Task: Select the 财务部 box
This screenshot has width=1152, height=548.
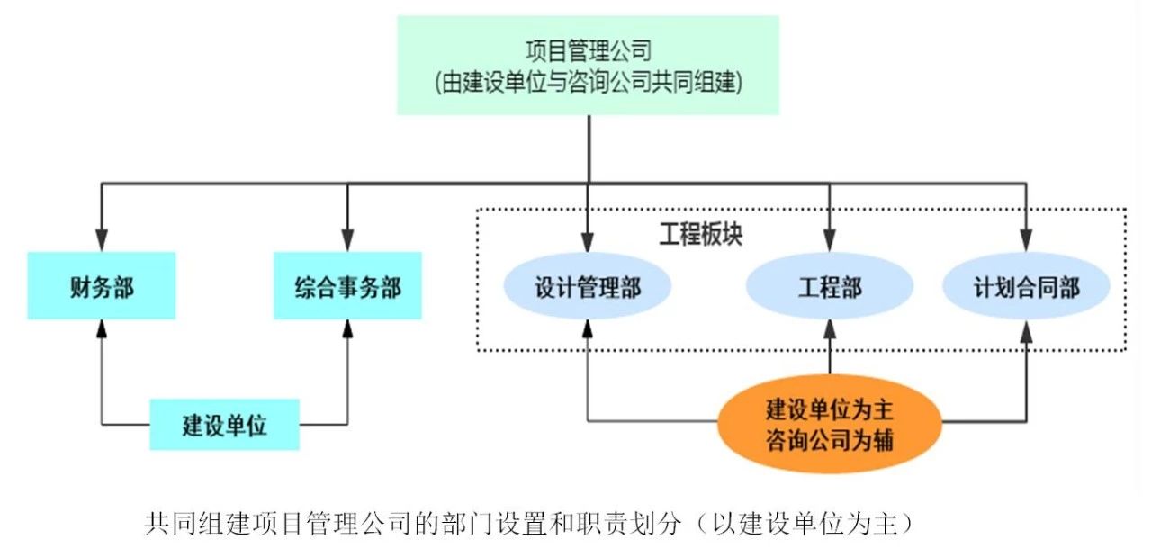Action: click(100, 286)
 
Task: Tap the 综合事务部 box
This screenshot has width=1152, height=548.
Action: click(347, 286)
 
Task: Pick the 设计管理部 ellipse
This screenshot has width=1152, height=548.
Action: click(588, 287)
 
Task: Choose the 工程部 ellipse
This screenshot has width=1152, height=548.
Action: click(829, 287)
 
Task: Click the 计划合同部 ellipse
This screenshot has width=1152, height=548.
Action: click(1026, 287)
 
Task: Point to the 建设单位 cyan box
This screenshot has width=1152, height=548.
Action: click(224, 424)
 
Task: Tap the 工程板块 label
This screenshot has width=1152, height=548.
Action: click(700, 233)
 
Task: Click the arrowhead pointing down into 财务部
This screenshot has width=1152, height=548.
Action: click(101, 240)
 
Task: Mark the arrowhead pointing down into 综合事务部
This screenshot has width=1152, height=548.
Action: click(347, 240)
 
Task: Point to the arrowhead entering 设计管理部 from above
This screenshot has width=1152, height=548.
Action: click(588, 241)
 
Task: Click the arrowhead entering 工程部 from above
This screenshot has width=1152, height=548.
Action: click(829, 241)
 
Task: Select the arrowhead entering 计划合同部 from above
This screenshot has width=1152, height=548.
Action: click(1026, 241)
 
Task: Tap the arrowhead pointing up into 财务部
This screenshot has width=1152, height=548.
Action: click(101, 329)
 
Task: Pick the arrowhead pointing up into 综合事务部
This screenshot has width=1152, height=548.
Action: click(347, 329)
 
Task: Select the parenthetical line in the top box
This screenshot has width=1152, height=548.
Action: click(588, 83)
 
